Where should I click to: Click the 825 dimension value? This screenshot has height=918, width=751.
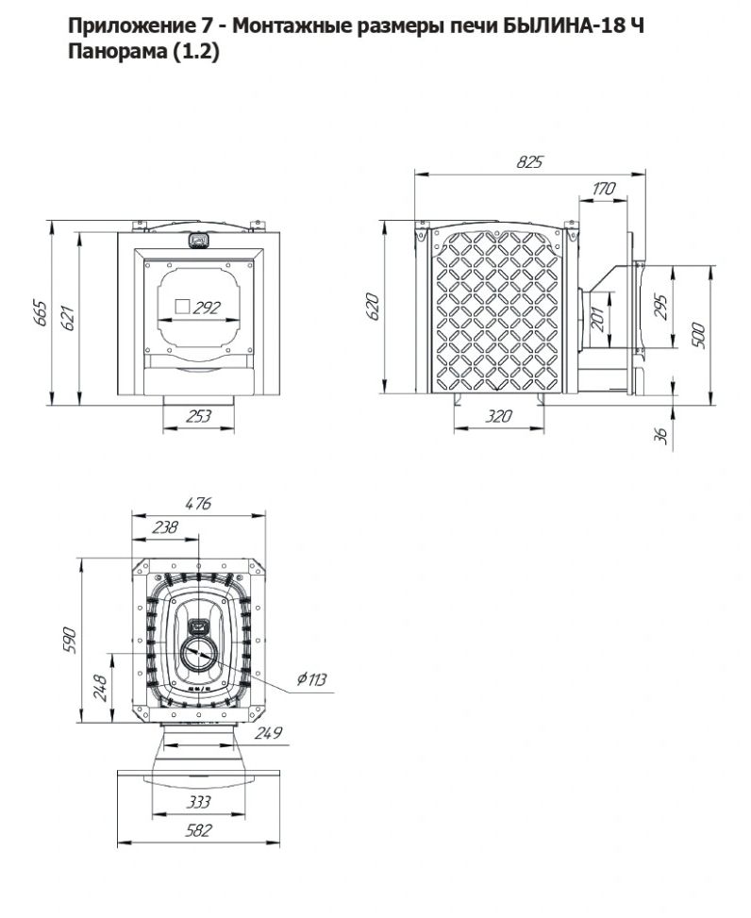(x=529, y=162)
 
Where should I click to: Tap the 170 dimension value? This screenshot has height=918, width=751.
(x=604, y=189)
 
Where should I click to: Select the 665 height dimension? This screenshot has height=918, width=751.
(x=40, y=312)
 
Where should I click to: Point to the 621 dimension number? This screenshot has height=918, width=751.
(x=69, y=318)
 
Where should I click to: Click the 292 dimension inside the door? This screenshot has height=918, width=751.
(x=206, y=308)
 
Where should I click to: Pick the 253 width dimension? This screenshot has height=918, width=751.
(x=198, y=416)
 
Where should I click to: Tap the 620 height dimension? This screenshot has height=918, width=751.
(x=373, y=307)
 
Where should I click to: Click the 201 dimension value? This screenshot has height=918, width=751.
(x=597, y=319)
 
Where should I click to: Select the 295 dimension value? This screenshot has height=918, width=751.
(x=659, y=307)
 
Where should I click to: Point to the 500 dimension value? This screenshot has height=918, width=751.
(x=698, y=335)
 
